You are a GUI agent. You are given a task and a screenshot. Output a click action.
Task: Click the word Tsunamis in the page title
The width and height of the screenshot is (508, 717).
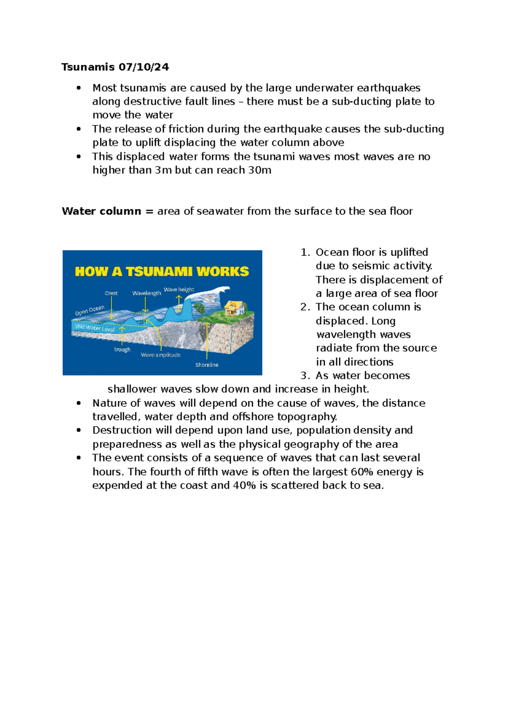point(88,67)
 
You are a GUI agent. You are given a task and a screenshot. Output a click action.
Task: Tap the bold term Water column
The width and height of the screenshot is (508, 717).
point(101,211)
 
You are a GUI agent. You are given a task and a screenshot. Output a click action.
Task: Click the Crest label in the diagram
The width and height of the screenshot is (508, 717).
point(111,293)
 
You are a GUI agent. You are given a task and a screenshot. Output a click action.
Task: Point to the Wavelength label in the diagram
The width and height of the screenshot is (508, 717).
point(146,293)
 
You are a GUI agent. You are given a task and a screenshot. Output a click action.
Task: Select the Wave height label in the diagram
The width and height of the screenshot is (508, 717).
point(179,290)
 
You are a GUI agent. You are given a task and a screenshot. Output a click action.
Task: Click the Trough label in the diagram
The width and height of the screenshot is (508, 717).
point(122,350)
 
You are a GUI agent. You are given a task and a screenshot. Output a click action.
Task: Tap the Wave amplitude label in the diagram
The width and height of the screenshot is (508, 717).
point(160,355)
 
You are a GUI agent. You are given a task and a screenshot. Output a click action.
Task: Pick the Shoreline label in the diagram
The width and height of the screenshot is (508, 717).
point(207,365)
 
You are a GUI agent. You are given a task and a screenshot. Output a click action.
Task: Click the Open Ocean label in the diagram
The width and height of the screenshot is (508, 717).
point(89,311)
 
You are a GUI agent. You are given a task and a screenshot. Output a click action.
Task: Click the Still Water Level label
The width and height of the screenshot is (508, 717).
point(94,328)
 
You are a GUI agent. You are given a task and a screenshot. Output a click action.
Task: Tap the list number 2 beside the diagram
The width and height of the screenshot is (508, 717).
point(304,307)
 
